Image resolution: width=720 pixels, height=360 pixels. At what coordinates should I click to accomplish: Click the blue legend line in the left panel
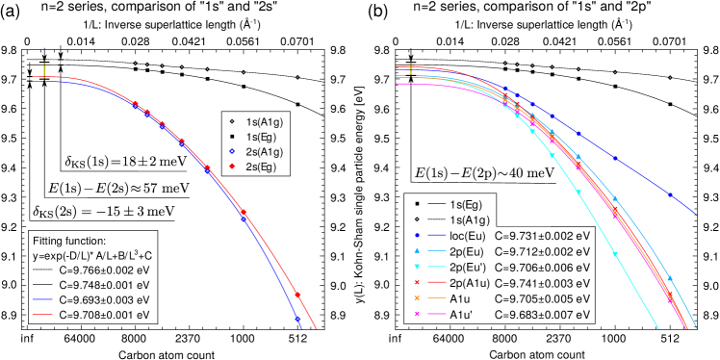(42, 299)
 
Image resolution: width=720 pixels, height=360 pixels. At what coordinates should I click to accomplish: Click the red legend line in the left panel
(42, 315)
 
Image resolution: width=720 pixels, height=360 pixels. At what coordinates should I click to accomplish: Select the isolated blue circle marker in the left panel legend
(232, 151)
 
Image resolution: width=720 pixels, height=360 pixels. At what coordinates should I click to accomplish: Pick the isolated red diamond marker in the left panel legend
(232, 166)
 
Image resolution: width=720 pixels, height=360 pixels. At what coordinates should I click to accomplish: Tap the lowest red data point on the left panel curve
(297, 296)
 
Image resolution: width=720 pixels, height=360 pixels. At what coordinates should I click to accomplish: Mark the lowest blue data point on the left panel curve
(296, 319)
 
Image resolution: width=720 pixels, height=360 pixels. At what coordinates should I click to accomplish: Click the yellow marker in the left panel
(44, 69)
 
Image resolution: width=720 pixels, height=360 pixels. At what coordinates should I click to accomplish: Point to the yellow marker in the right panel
(410, 69)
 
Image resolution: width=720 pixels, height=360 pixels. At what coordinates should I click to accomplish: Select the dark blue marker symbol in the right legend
(417, 235)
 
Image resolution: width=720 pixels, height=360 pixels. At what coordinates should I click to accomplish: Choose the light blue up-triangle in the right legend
(417, 250)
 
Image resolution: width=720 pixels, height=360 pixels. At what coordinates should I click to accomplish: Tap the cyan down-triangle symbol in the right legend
(417, 267)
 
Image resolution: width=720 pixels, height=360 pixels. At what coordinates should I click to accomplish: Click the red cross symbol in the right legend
(417, 282)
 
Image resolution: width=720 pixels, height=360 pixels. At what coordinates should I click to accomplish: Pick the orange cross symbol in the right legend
(417, 297)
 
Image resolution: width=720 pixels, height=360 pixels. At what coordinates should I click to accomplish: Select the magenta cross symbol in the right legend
(417, 314)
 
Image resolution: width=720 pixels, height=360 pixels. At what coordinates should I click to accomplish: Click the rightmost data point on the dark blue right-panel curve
(670, 195)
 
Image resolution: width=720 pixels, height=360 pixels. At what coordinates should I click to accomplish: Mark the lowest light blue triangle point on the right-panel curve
(670, 279)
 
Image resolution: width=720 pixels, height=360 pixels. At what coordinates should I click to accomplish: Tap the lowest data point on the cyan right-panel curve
(614, 254)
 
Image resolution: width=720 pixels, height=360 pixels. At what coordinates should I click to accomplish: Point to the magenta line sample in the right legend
(437, 314)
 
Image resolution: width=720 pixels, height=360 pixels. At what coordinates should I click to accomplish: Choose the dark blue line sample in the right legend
(437, 235)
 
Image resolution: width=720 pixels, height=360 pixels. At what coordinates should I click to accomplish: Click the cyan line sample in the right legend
(437, 267)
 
